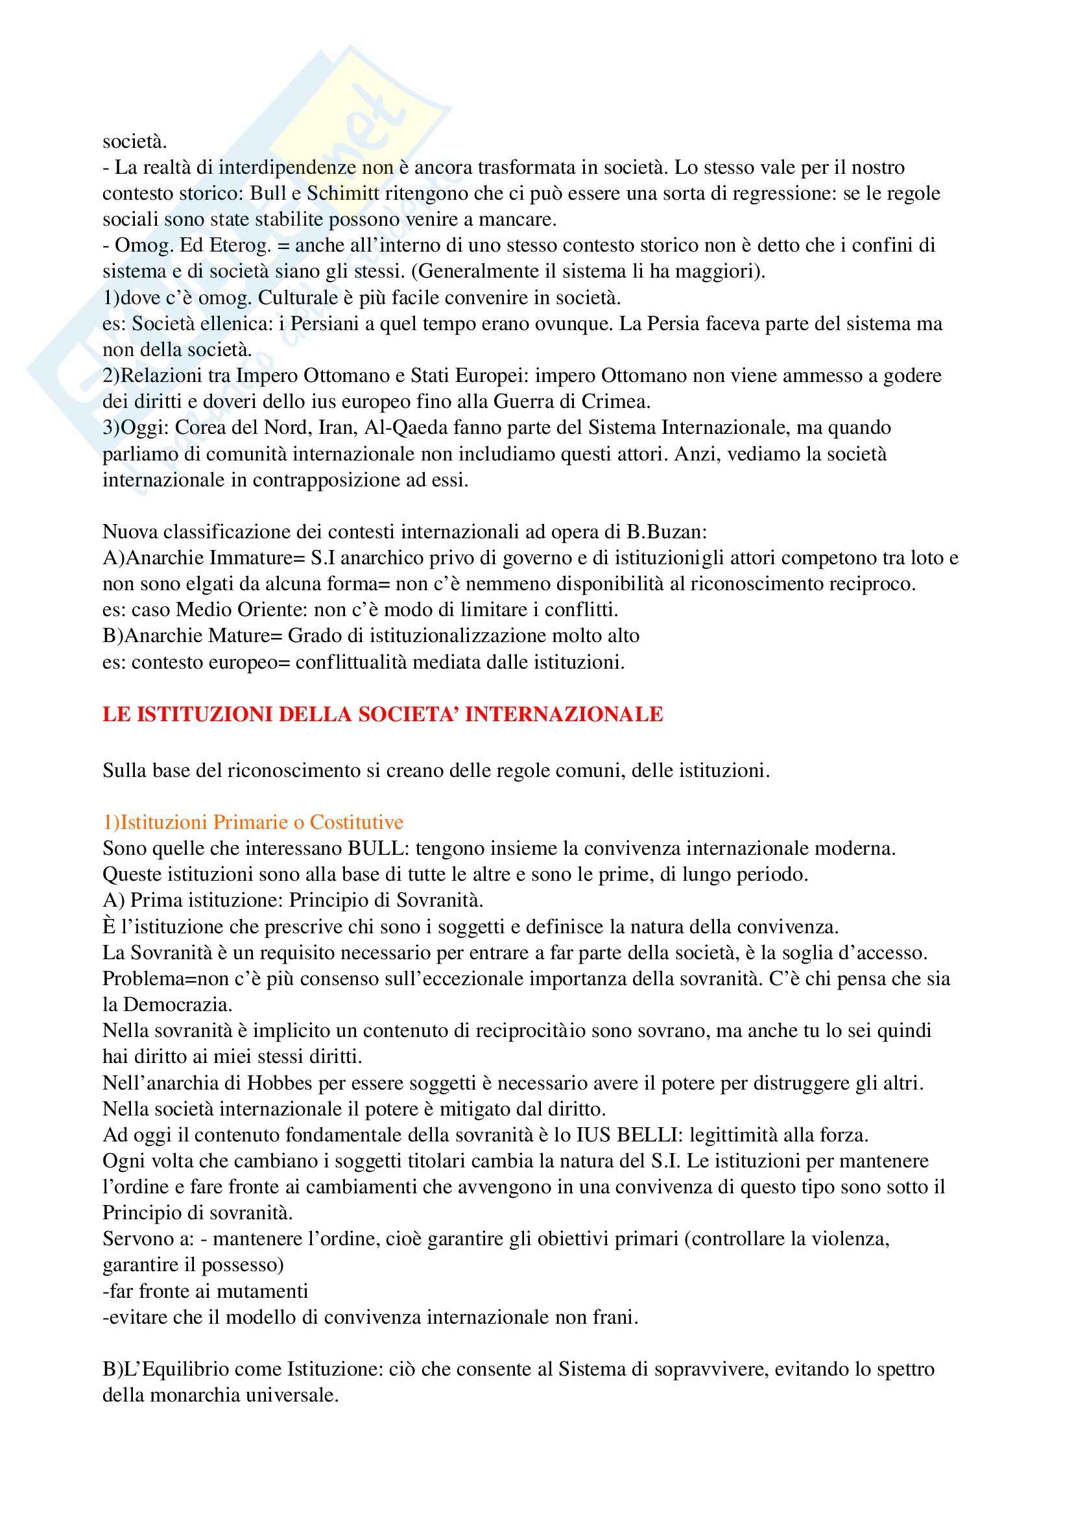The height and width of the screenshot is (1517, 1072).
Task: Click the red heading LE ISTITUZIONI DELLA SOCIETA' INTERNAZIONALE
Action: [x=383, y=715]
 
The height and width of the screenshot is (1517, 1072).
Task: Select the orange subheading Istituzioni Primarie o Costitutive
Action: [x=253, y=822]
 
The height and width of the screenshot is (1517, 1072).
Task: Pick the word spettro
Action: [x=903, y=1369]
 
